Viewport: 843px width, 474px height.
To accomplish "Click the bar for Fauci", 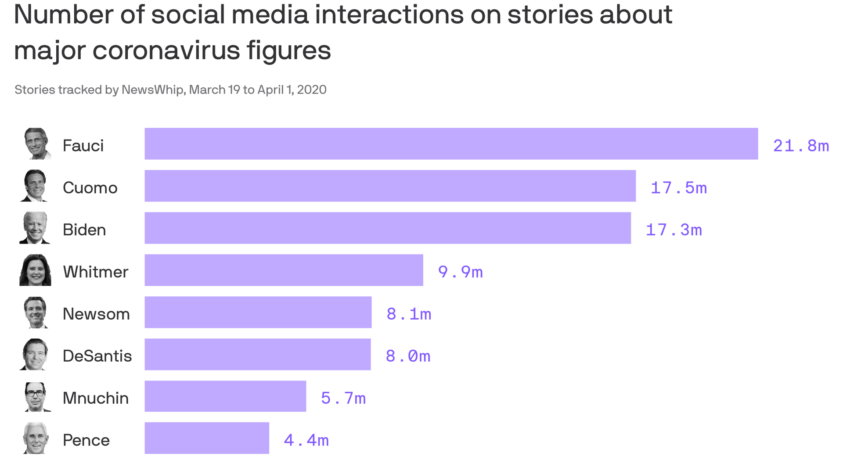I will tap(451, 144).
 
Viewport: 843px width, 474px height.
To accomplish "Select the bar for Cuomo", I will tap(390, 186).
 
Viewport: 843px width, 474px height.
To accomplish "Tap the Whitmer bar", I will tap(284, 270).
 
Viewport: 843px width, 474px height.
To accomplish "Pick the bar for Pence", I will tap(207, 438).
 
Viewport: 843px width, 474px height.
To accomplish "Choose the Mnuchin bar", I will tap(225, 396).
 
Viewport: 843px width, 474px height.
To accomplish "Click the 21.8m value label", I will tap(801, 146).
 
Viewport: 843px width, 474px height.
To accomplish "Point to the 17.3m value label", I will tap(674, 230).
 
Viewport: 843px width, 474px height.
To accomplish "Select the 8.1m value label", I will tap(409, 314).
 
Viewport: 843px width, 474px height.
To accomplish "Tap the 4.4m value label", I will tap(306, 440).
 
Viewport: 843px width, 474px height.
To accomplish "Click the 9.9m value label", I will tap(460, 272).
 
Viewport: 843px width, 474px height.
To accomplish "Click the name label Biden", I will tap(84, 230).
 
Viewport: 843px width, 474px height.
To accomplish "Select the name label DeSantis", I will tap(97, 356).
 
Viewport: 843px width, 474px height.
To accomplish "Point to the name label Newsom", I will tap(96, 314).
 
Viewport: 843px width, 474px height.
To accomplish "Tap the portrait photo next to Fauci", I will tap(36, 144).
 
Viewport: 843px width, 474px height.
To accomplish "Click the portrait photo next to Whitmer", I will tap(35, 270).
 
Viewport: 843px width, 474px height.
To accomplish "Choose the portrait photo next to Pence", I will tap(36, 438).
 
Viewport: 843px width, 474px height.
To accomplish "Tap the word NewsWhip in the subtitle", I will tap(152, 90).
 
